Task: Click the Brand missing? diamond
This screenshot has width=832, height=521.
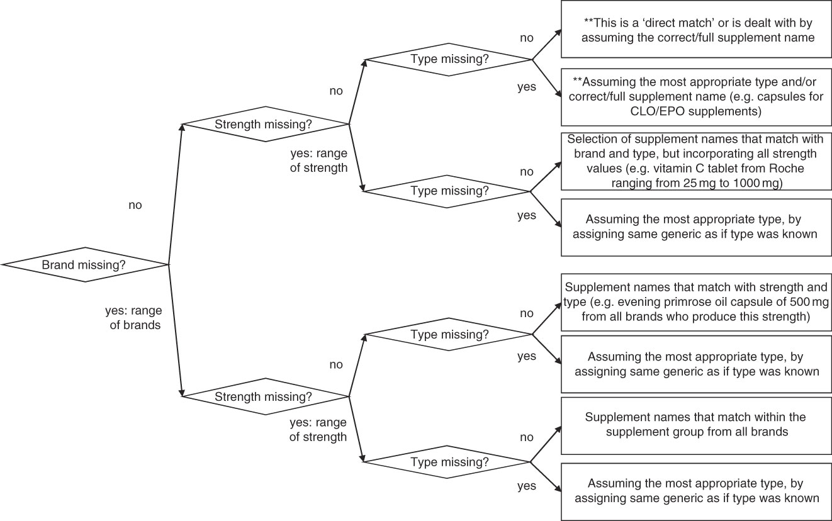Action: pos(84,265)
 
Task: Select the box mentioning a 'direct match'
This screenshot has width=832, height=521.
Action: pos(695,30)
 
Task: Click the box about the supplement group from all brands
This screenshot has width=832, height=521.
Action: pos(695,425)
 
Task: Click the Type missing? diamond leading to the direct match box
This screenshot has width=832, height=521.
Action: pos(449,60)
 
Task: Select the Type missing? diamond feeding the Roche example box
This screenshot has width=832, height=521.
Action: pos(449,189)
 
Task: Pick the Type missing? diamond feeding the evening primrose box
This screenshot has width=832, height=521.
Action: pos(449,334)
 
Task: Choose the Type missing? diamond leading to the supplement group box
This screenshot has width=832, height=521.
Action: pos(449,462)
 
